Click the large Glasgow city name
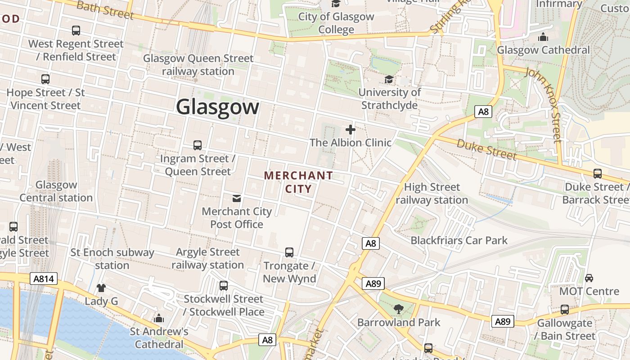pos(218,107)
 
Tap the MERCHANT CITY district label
pos(298,182)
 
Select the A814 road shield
pos(44,279)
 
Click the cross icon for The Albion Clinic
pos(351,130)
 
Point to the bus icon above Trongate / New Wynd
pos(289,252)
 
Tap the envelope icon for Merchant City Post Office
pos(236,198)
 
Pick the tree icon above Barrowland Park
pos(398,309)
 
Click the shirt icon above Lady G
pos(101,288)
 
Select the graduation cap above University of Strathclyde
pos(389,80)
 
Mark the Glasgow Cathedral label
pos(543,50)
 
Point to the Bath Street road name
pos(105,10)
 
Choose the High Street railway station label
pos(432,193)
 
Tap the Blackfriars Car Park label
pos(459,240)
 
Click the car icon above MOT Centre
pos(589,278)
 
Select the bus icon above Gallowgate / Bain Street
pos(565,310)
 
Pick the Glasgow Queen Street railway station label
pos(198,65)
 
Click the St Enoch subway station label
pos(112,259)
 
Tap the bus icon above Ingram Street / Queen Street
pos(198,145)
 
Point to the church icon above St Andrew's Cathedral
pos(159,319)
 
